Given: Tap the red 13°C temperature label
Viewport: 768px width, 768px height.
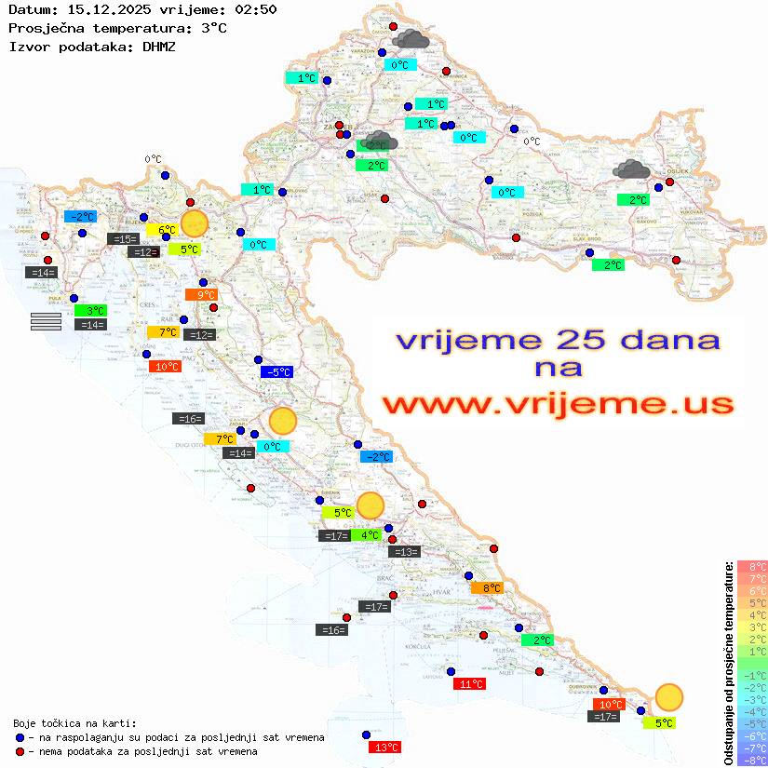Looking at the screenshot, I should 384,747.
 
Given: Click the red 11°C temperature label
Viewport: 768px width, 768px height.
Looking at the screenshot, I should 469,684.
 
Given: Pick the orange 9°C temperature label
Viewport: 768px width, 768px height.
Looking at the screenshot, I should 200,295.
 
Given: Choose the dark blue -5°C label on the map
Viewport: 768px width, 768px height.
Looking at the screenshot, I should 277,372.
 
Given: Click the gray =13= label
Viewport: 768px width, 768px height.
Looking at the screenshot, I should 405,552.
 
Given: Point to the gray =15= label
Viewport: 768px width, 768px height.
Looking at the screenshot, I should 124,239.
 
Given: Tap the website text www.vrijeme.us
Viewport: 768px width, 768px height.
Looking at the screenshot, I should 557,404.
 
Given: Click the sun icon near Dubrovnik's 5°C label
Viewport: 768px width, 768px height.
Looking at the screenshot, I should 668,696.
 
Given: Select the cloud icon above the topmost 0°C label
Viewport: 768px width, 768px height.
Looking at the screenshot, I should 411,39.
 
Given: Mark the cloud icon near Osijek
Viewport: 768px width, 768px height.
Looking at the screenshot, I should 632,169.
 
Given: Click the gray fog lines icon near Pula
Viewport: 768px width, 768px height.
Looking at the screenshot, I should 46,321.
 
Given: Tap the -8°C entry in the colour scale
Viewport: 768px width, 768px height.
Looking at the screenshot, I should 752,761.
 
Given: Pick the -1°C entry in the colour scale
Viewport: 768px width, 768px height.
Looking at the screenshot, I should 752,675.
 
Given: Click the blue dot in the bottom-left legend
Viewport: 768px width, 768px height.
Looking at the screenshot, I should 20,737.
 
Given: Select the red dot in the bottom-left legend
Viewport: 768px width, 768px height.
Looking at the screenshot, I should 20,751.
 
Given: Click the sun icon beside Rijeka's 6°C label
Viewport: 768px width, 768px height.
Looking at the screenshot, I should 194,223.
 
